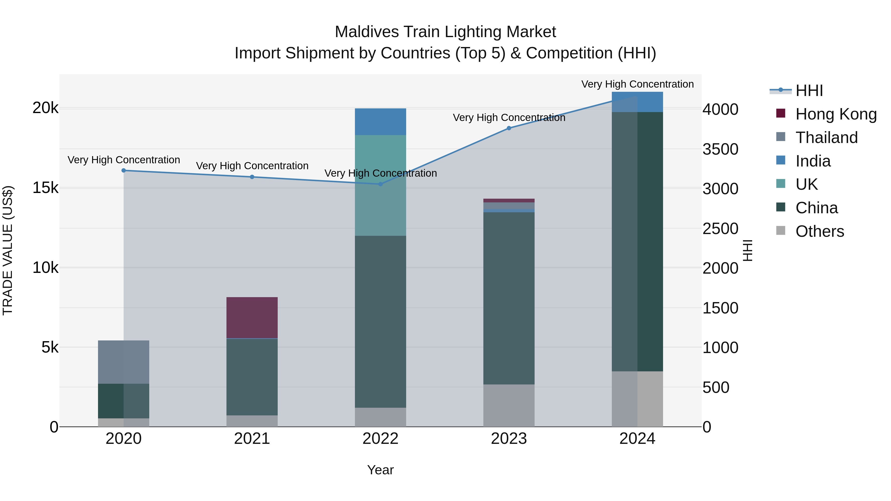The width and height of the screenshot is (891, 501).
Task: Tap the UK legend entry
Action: (x=806, y=184)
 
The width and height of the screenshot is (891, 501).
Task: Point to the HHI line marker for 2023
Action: (x=509, y=128)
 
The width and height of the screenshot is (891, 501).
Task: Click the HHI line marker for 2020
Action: (x=124, y=170)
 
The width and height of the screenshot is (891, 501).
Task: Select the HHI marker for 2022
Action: (x=380, y=184)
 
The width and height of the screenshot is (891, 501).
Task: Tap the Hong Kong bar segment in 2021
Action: (x=252, y=317)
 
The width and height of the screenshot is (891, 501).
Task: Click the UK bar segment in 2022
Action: (x=380, y=185)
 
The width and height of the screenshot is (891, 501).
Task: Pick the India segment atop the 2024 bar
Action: (x=638, y=102)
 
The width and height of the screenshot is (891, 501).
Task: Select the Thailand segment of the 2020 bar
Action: (x=124, y=362)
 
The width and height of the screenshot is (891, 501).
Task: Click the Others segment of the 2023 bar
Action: (x=509, y=405)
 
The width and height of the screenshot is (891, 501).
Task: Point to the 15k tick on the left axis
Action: (x=45, y=188)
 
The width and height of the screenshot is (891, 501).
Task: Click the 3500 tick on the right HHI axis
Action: (x=720, y=149)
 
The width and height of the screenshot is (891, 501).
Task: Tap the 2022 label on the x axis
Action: (x=380, y=439)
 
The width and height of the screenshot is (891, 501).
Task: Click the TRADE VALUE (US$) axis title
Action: (x=8, y=250)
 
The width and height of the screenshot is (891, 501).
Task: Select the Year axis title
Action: (x=380, y=470)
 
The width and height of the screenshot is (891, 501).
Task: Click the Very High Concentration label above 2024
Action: (x=638, y=84)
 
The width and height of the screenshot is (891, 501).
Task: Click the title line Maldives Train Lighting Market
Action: (x=445, y=32)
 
